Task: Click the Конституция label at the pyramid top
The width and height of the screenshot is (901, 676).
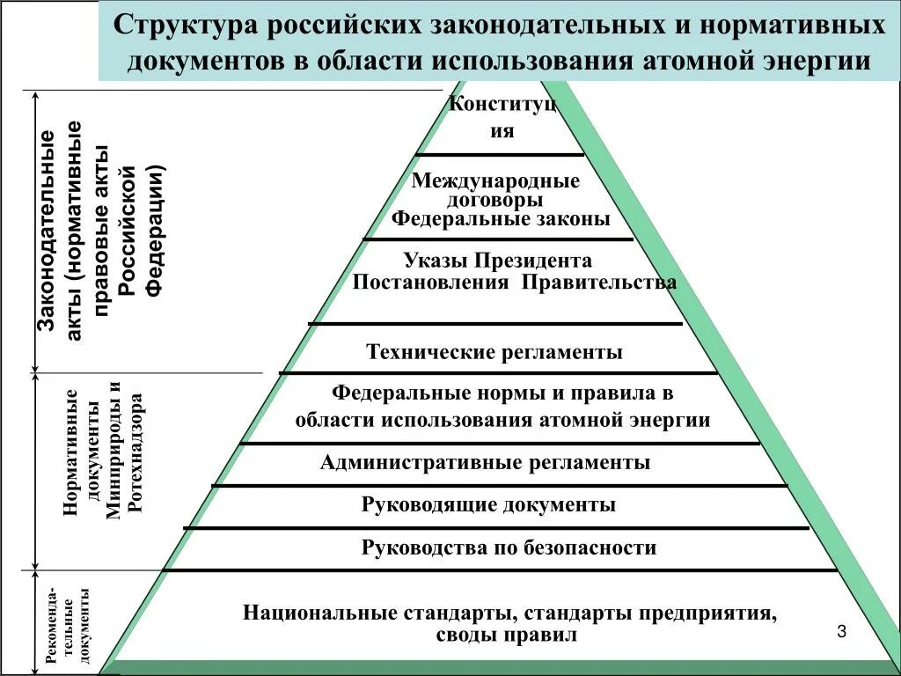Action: (502, 117)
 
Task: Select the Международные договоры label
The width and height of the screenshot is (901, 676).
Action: (496, 190)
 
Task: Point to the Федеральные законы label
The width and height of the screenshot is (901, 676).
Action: (501, 218)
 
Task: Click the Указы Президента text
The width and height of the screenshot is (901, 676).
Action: (498, 261)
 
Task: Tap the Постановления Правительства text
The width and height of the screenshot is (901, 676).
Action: (515, 283)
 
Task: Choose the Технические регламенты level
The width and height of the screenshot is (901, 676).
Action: (494, 352)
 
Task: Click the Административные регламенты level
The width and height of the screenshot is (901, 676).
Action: (486, 462)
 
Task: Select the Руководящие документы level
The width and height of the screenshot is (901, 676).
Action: (488, 504)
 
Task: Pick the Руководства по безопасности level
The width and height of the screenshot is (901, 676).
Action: (509, 547)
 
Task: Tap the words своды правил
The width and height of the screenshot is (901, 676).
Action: (506, 634)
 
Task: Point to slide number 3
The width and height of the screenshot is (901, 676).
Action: (841, 632)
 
